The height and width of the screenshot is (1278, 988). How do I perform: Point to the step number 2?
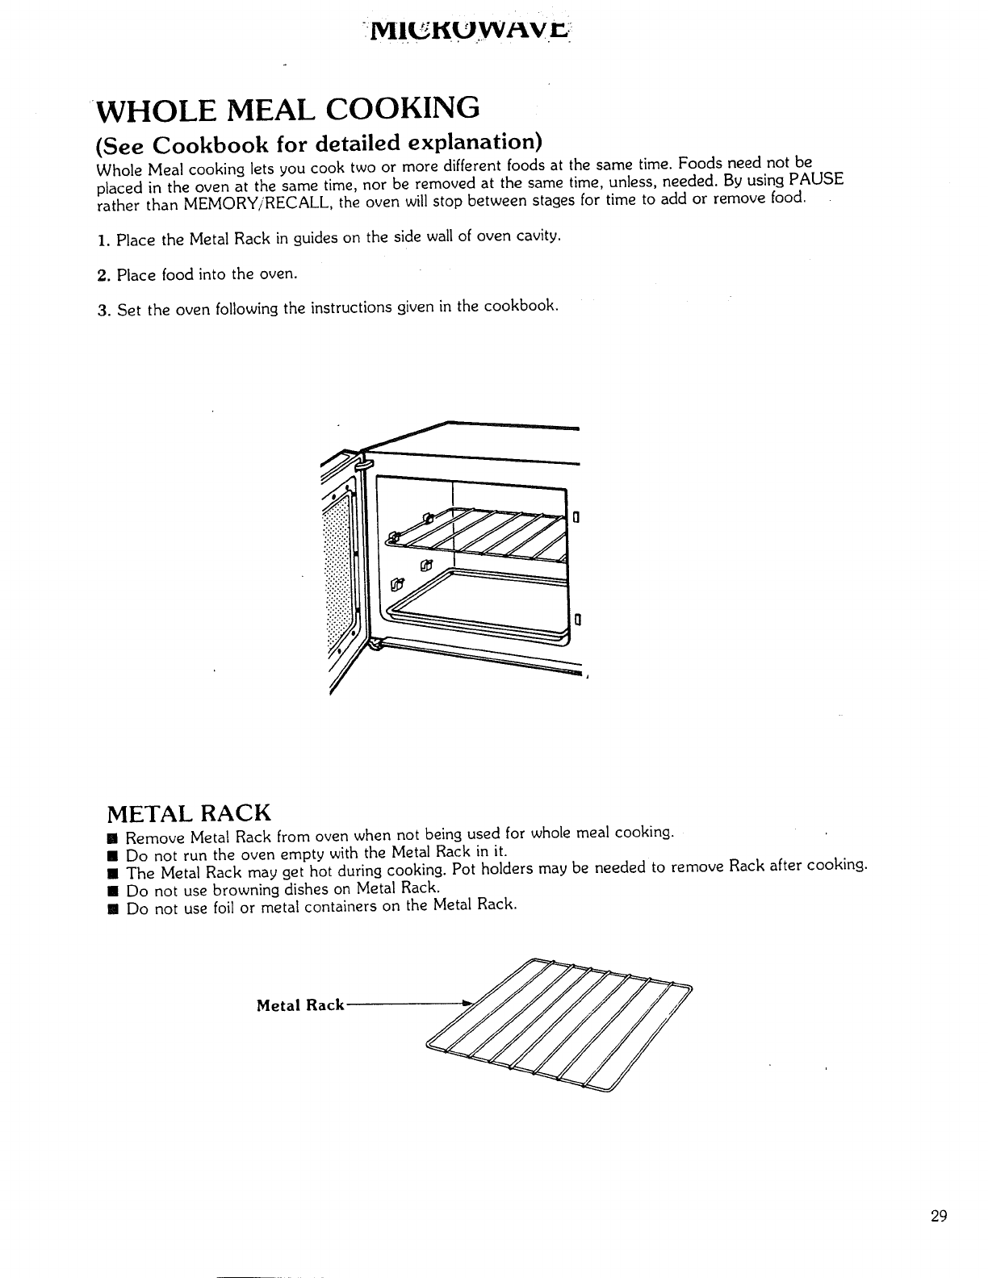pyautogui.click(x=102, y=276)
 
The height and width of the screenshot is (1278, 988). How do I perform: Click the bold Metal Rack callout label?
pyautogui.click(x=300, y=1005)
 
